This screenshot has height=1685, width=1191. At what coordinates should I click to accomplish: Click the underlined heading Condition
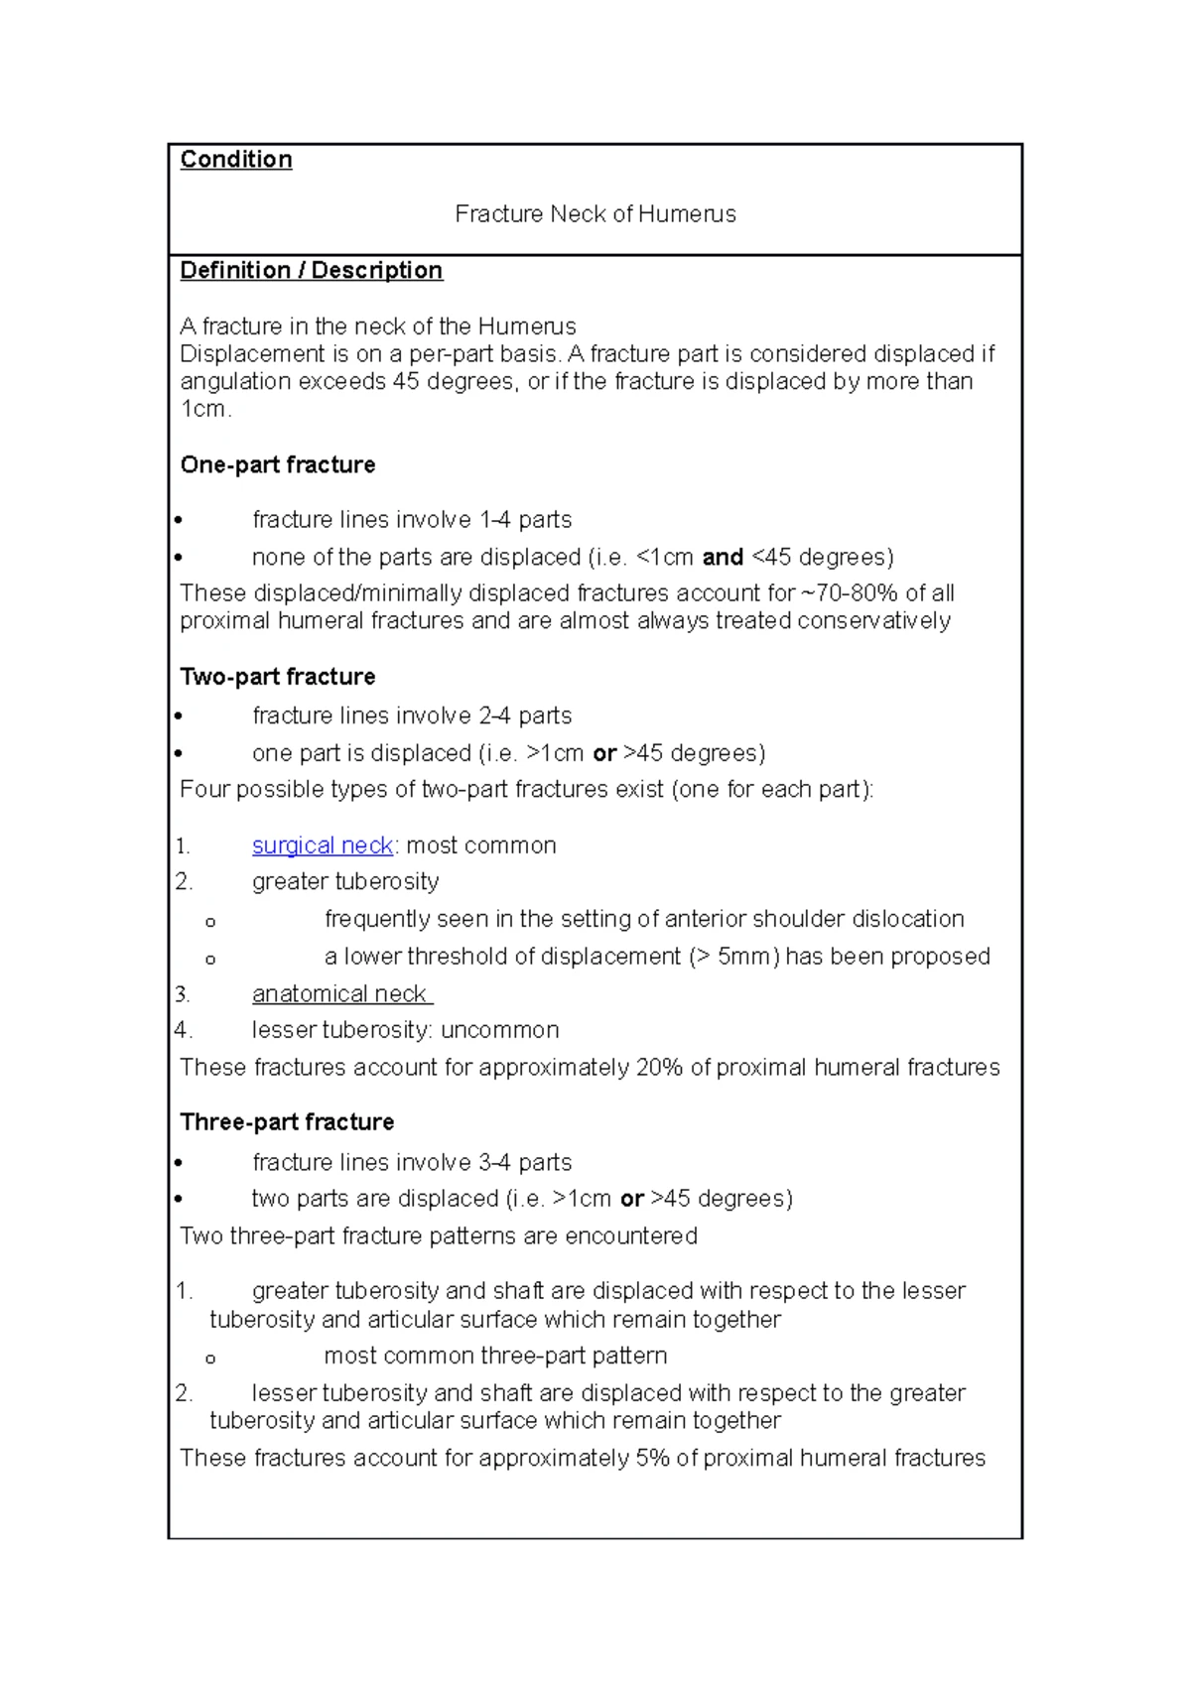click(x=235, y=160)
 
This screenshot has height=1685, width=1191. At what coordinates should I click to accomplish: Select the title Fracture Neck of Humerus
click(x=595, y=214)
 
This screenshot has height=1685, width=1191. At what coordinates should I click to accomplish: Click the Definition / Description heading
click(x=311, y=271)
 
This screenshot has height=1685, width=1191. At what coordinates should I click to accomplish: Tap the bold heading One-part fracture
click(x=277, y=464)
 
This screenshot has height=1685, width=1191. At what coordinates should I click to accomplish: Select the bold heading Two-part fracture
click(x=277, y=677)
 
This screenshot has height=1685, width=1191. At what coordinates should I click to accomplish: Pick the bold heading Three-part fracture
click(x=287, y=1122)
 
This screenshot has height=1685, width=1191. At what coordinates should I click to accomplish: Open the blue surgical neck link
click(x=323, y=845)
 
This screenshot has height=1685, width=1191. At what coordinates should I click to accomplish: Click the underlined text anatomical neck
click(x=339, y=994)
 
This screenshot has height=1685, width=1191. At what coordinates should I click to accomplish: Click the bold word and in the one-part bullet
click(x=723, y=558)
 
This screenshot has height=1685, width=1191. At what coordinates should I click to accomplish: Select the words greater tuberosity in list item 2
click(x=344, y=882)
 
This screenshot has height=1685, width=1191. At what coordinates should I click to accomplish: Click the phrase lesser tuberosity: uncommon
click(x=405, y=1030)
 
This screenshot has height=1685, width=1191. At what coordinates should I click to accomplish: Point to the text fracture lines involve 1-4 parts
click(x=412, y=520)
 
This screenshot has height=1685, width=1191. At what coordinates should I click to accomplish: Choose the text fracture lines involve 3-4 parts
click(x=412, y=1162)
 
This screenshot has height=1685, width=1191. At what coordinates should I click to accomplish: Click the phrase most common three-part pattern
click(x=495, y=1356)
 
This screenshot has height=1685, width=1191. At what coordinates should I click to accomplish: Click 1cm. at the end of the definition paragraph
click(x=205, y=410)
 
